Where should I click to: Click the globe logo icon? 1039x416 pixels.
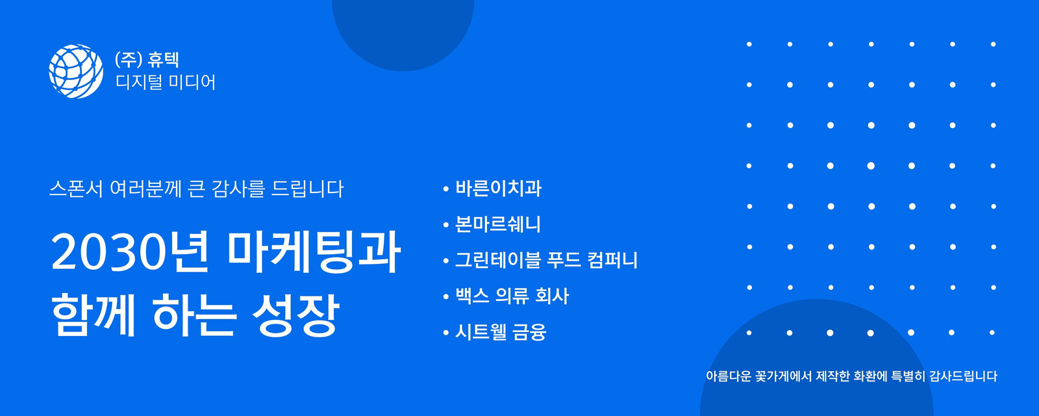pyautogui.click(x=76, y=71)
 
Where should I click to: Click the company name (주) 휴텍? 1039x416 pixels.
pyautogui.click(x=147, y=59)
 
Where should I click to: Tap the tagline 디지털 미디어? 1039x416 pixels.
pyautogui.click(x=166, y=82)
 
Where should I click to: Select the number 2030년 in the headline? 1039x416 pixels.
pyautogui.click(x=130, y=252)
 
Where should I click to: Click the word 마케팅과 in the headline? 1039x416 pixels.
pyautogui.click(x=314, y=252)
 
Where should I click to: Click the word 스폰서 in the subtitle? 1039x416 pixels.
pyautogui.click(x=76, y=189)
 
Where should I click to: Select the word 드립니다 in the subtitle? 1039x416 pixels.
pyautogui.click(x=308, y=189)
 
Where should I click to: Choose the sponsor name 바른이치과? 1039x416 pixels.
pyautogui.click(x=498, y=188)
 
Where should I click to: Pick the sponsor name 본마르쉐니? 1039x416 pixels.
pyautogui.click(x=497, y=224)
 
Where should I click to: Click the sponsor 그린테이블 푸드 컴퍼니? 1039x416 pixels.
pyautogui.click(x=546, y=260)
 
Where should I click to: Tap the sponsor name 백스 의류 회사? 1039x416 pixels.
pyautogui.click(x=512, y=296)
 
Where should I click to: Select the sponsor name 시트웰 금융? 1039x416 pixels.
pyautogui.click(x=501, y=332)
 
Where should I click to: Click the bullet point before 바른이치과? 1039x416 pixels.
pyautogui.click(x=445, y=189)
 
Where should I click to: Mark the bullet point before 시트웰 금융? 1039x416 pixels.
pyautogui.click(x=445, y=332)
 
